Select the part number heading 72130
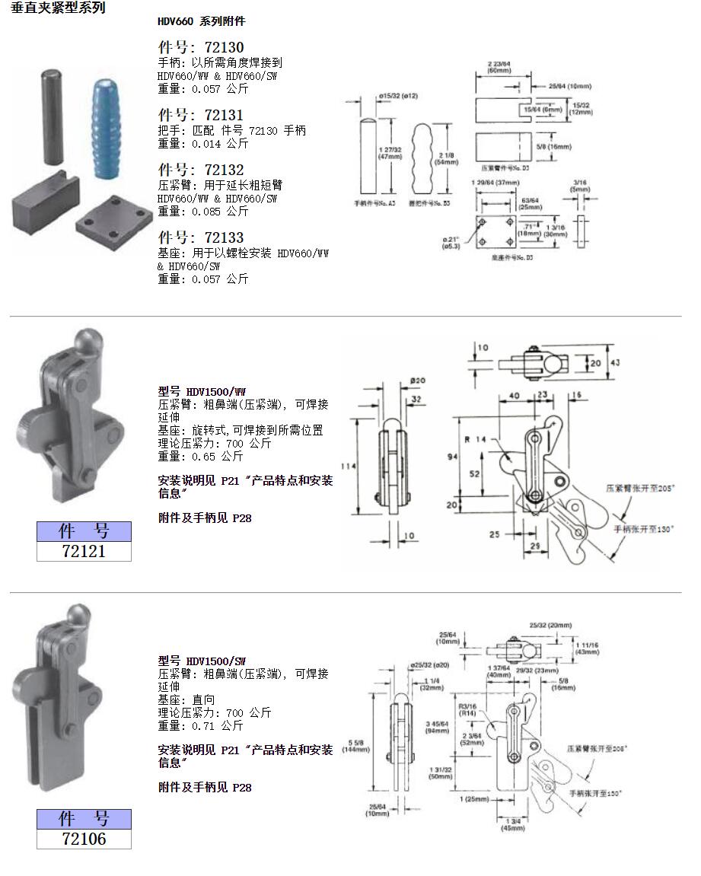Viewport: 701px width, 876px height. click(x=201, y=48)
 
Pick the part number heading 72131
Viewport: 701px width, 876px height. click(x=201, y=116)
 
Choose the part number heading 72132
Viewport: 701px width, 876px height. click(x=201, y=170)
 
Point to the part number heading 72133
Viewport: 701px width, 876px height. click(x=201, y=237)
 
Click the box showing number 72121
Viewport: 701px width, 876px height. click(x=84, y=551)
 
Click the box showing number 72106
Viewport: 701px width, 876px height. click(x=84, y=839)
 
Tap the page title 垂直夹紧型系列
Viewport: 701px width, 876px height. click(x=59, y=8)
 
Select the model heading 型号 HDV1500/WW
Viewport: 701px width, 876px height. click(x=202, y=391)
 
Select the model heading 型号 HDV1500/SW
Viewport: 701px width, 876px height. click(x=202, y=661)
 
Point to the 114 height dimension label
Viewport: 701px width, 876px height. click(x=346, y=466)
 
